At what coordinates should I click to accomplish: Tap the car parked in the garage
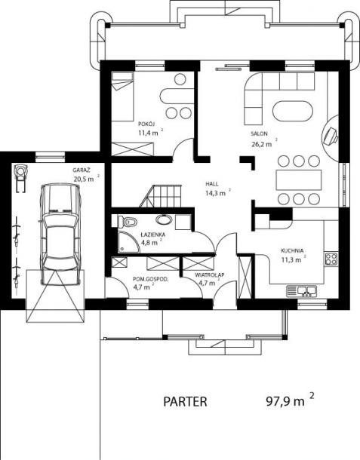[x=60, y=234]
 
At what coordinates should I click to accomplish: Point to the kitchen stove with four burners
[x=331, y=259]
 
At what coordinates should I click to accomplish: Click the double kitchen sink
[x=302, y=290]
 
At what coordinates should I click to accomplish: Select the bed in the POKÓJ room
[x=122, y=97]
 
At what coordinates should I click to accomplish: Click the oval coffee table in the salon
[x=293, y=112]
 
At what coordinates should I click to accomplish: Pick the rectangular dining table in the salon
[x=299, y=179]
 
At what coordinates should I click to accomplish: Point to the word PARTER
[x=185, y=401]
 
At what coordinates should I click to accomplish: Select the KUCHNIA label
[x=292, y=250]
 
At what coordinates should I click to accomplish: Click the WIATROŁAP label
[x=210, y=275]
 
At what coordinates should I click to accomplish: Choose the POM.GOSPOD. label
[x=151, y=279]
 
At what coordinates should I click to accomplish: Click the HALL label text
[x=212, y=184]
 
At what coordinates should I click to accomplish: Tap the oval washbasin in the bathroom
[x=165, y=219]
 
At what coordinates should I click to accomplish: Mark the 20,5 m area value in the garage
[x=84, y=179]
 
